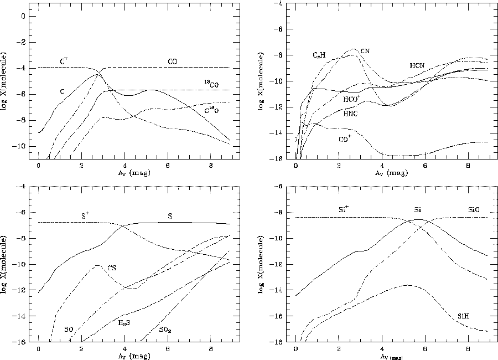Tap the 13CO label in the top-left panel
(210, 83)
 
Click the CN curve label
(365, 52)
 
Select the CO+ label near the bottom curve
(345, 140)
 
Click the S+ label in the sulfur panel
(86, 216)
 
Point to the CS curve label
(112, 269)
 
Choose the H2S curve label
(125, 322)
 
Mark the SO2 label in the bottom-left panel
(165, 330)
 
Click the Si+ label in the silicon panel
(344, 210)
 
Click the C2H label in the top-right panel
(319, 55)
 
